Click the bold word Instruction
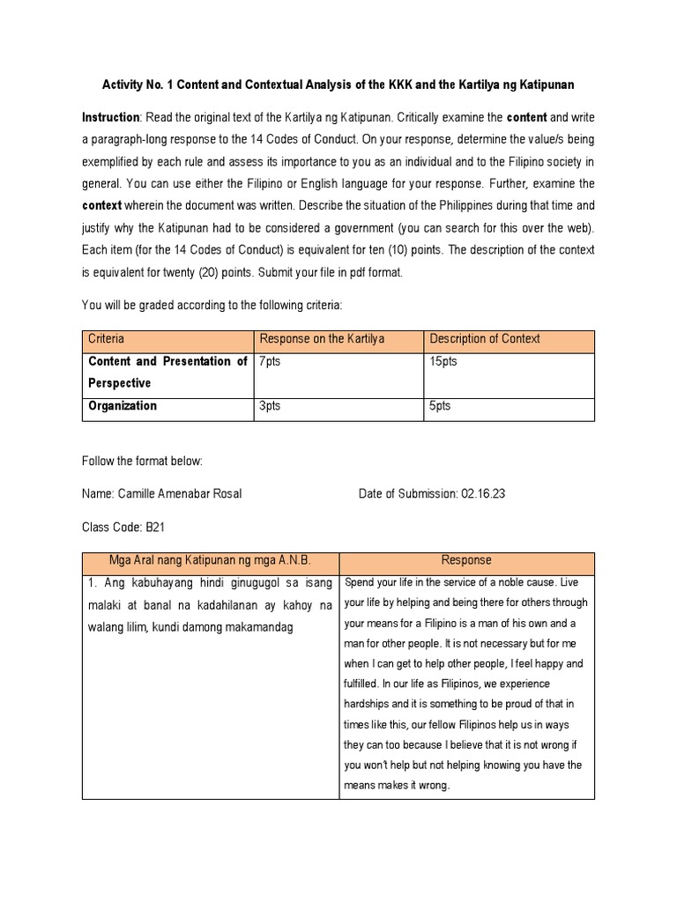pos(111,117)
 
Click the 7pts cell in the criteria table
pos(269,362)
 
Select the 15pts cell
pos(443,362)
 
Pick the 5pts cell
pos(440,406)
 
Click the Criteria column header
pos(107,339)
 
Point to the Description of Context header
pos(485,339)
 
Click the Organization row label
pos(123,406)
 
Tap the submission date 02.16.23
pos(482,494)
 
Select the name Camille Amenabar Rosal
pos(190,494)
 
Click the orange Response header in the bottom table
pos(466,560)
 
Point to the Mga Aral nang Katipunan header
pos(210,560)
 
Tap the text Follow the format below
pos(142,461)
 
